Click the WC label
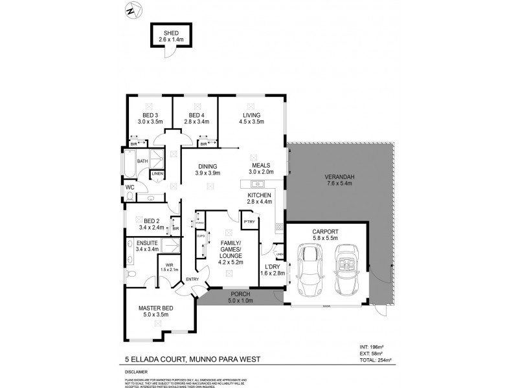[x=129, y=188]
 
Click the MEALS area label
[x=260, y=165]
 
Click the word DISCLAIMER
[x=136, y=372]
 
